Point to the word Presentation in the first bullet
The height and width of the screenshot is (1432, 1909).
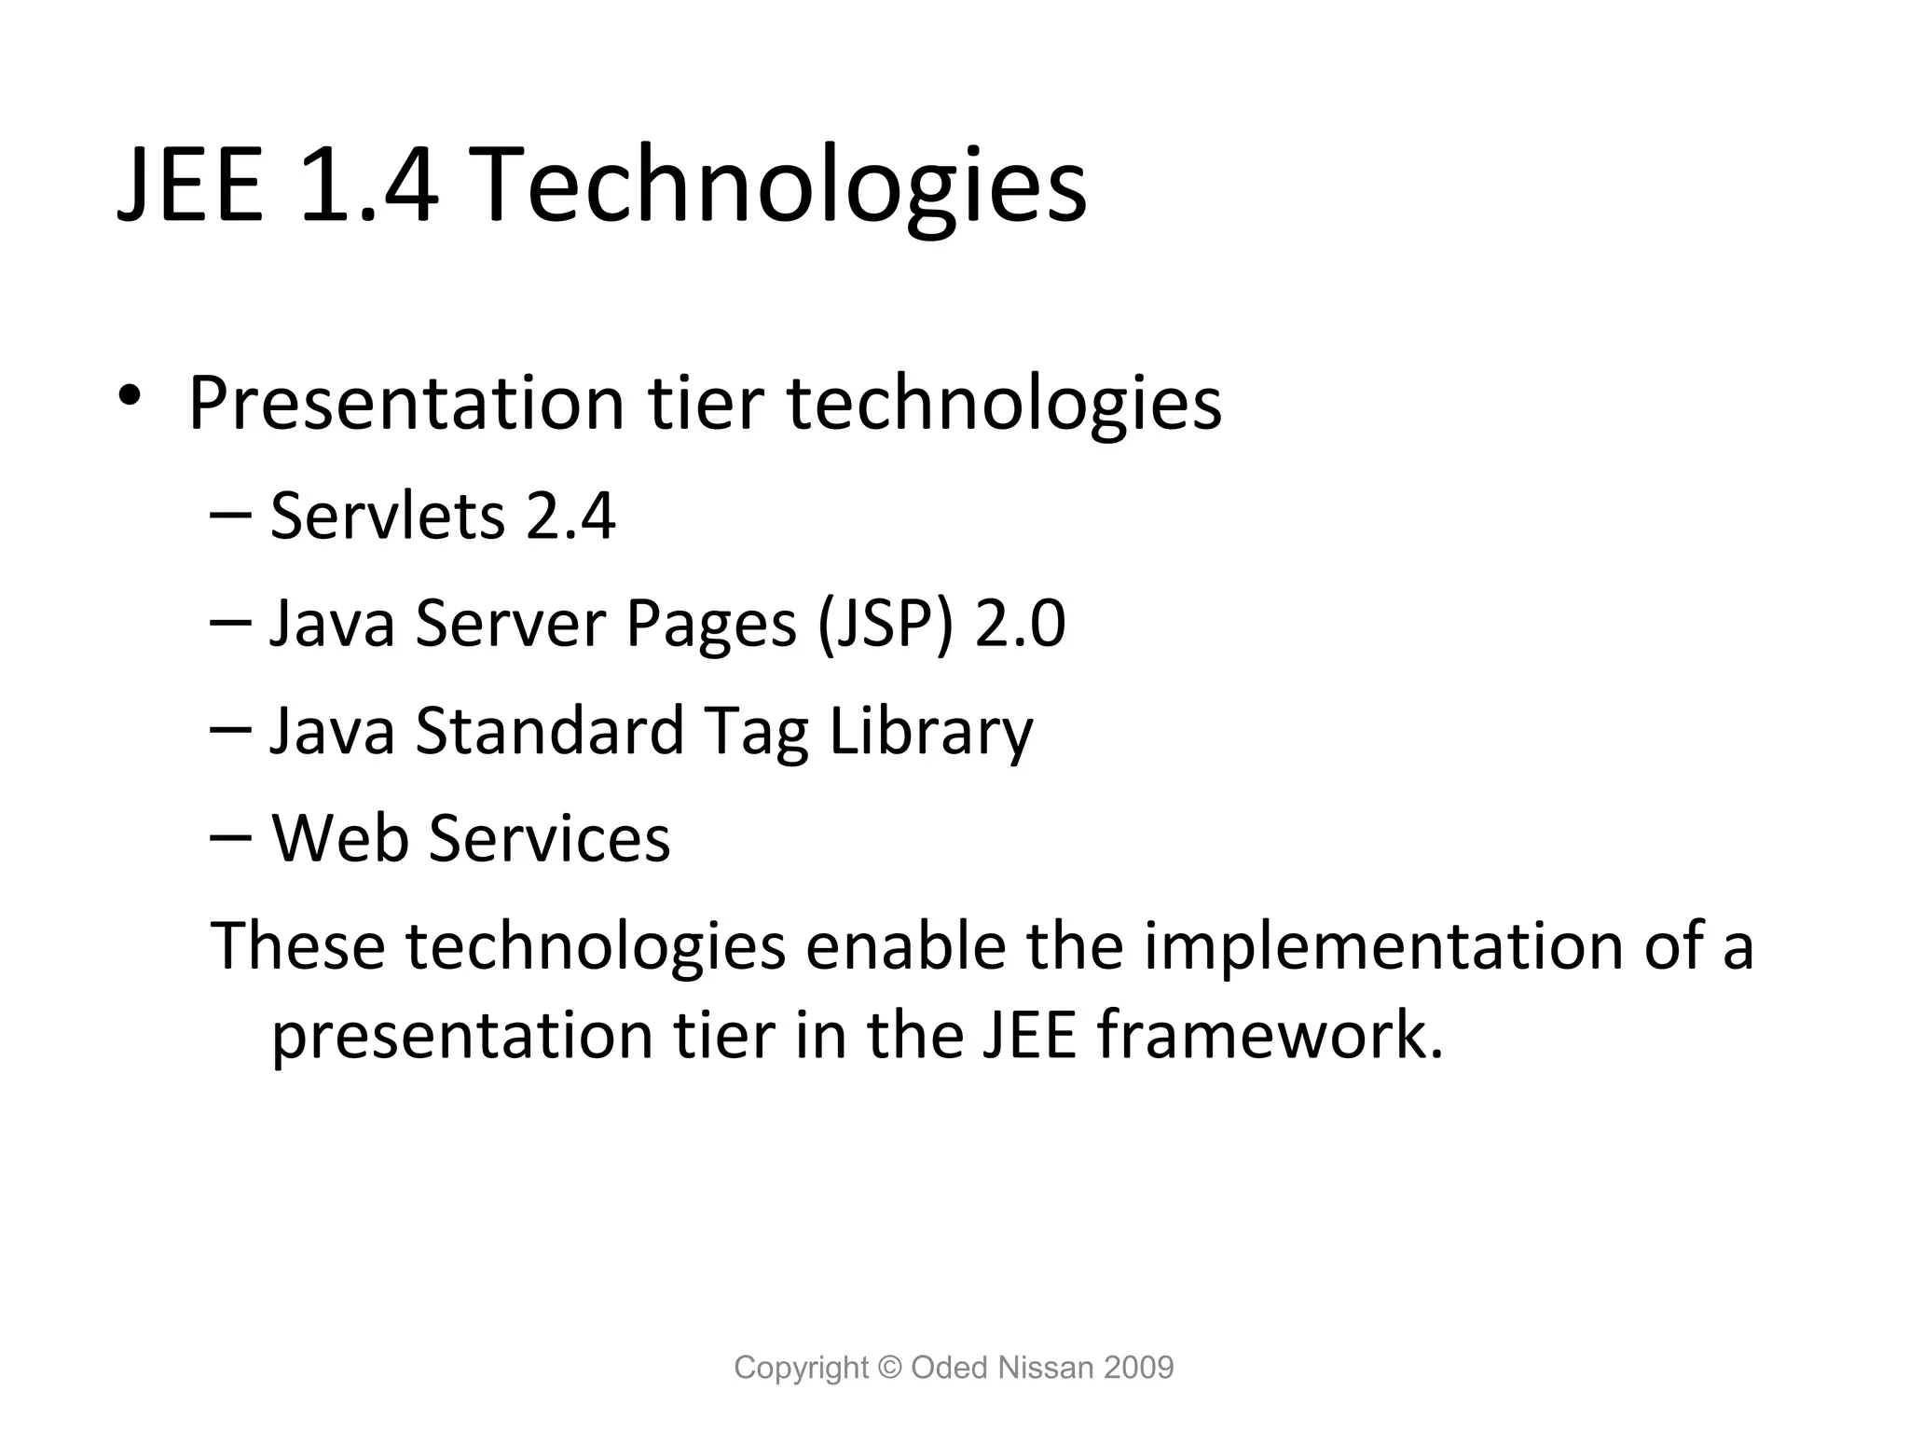pyautogui.click(x=405, y=404)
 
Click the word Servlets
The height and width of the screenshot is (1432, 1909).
pyautogui.click(x=387, y=516)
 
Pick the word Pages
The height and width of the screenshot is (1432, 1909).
pyautogui.click(x=711, y=625)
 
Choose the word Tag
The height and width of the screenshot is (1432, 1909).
pyautogui.click(x=756, y=732)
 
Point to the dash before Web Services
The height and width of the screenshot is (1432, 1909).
pyautogui.click(x=230, y=835)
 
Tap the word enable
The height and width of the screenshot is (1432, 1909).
pyautogui.click(x=905, y=945)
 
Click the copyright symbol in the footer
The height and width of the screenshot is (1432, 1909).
pyautogui.click(x=890, y=1368)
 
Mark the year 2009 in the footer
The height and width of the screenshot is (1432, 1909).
pyautogui.click(x=1138, y=1368)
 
